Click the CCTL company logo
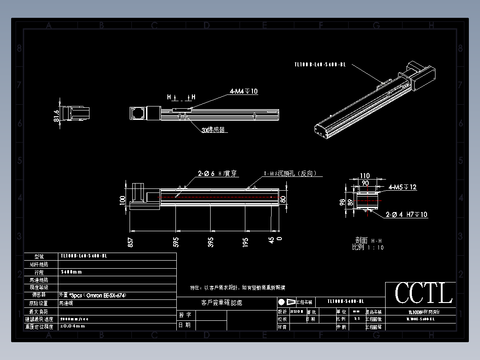[423, 293]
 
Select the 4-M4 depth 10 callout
[244, 91]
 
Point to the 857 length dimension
[130, 242]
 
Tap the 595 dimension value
[176, 242]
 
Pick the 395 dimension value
[211, 242]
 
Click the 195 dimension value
[245, 242]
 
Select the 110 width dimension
[365, 176]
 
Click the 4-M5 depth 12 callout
[403, 187]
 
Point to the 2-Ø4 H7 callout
[407, 215]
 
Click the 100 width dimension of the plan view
[122, 200]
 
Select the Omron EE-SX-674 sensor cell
[89, 295]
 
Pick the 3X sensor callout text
[213, 130]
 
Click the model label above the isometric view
[320, 65]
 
